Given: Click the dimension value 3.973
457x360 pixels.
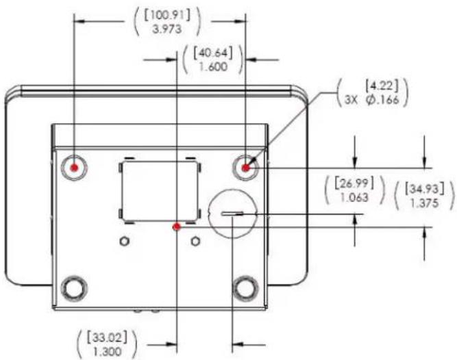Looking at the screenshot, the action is pyautogui.click(x=167, y=29).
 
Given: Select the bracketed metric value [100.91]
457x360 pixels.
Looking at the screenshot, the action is pyautogui.click(x=167, y=15).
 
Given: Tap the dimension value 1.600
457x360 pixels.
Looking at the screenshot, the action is pyautogui.click(x=213, y=66).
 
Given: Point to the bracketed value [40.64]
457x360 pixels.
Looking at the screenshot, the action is pyautogui.click(x=213, y=53).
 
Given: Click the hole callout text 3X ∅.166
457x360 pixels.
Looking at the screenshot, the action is pyautogui.click(x=371, y=100).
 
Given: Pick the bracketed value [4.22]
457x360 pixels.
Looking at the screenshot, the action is pyautogui.click(x=382, y=86).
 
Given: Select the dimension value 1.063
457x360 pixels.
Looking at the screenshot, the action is pyautogui.click(x=354, y=198).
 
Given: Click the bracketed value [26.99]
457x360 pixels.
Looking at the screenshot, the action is pyautogui.click(x=354, y=183).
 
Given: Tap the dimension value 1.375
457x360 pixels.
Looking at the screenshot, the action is pyautogui.click(x=424, y=203).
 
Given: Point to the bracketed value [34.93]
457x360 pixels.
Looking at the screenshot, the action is pyautogui.click(x=424, y=189).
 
